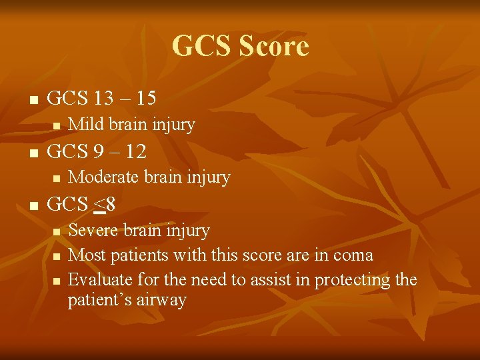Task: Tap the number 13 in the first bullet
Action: (103, 98)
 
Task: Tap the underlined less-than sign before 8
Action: (100, 205)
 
